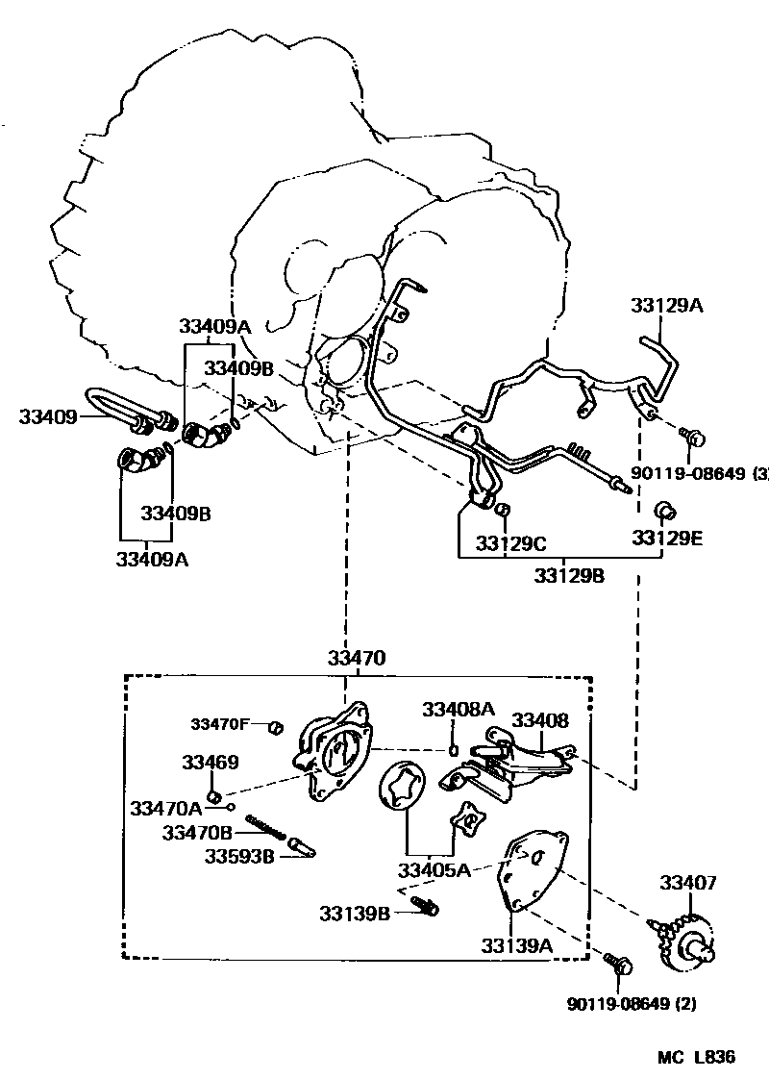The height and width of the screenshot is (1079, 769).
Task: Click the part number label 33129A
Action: (667, 306)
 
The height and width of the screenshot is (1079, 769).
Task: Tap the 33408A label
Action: (459, 710)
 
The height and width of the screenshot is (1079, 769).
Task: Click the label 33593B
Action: (239, 855)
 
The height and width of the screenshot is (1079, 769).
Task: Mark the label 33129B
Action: (569, 575)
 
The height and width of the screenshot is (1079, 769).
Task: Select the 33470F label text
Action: (220, 724)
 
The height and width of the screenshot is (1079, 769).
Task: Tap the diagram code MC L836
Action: (696, 1057)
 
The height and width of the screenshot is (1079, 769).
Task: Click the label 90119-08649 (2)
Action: (632, 1004)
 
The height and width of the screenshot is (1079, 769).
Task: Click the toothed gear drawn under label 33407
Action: (686, 941)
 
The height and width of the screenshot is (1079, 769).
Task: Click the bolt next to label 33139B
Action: (424, 905)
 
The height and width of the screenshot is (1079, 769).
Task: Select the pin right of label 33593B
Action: (303, 849)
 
